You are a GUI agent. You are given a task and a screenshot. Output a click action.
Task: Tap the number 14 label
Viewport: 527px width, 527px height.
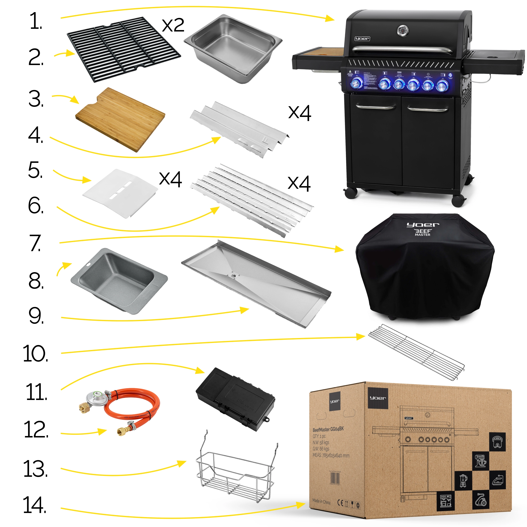click(35, 505)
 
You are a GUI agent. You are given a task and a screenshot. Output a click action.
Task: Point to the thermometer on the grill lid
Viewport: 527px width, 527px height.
click(403, 31)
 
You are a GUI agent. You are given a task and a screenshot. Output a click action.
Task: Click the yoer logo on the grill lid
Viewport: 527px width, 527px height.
click(362, 39)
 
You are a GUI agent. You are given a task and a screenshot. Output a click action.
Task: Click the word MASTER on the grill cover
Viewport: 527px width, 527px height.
click(422, 235)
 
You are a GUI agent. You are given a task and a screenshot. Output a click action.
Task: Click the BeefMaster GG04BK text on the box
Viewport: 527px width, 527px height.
click(328, 430)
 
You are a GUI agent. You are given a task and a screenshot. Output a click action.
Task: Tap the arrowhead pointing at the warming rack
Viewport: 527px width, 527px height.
click(361, 337)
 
